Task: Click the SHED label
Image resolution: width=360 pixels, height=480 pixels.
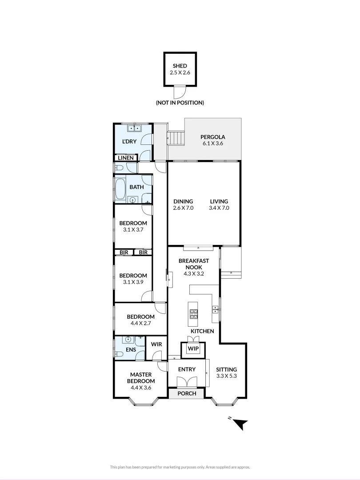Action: click(180, 66)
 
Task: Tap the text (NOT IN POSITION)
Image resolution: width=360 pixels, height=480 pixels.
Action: click(180, 103)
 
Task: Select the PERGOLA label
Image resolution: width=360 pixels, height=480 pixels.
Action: click(212, 137)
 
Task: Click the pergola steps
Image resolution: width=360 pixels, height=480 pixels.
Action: click(176, 138)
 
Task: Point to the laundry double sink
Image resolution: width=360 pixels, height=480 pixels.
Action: click(134, 129)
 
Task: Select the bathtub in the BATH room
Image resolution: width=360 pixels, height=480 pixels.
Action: click(120, 189)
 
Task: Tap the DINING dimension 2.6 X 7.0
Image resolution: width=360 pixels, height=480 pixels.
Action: click(183, 208)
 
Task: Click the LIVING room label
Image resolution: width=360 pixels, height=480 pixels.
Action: click(219, 201)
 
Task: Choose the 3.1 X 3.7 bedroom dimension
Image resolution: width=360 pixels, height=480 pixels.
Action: click(133, 230)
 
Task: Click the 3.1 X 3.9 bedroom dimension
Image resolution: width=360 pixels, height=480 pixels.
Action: click(133, 282)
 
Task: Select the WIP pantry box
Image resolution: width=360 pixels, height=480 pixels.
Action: click(193, 348)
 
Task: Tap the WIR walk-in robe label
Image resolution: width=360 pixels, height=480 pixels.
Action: click(156, 344)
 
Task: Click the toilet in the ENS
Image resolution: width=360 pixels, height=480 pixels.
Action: click(118, 354)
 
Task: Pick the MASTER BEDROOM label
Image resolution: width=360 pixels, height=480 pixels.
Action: click(141, 378)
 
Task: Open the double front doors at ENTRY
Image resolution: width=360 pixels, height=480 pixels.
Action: click(186, 382)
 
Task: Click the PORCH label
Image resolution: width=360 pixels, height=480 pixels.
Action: click(187, 393)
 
